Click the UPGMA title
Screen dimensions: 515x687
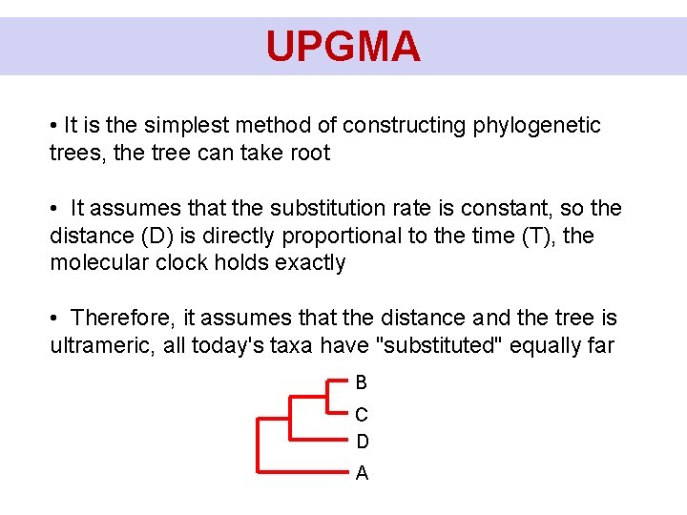343,46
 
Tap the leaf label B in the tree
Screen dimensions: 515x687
361,382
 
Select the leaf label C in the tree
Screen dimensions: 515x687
361,415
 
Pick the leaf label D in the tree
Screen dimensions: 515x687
362,442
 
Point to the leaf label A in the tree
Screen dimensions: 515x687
362,473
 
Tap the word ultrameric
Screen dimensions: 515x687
102,345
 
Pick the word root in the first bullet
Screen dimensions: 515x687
309,154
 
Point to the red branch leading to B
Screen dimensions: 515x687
336,380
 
